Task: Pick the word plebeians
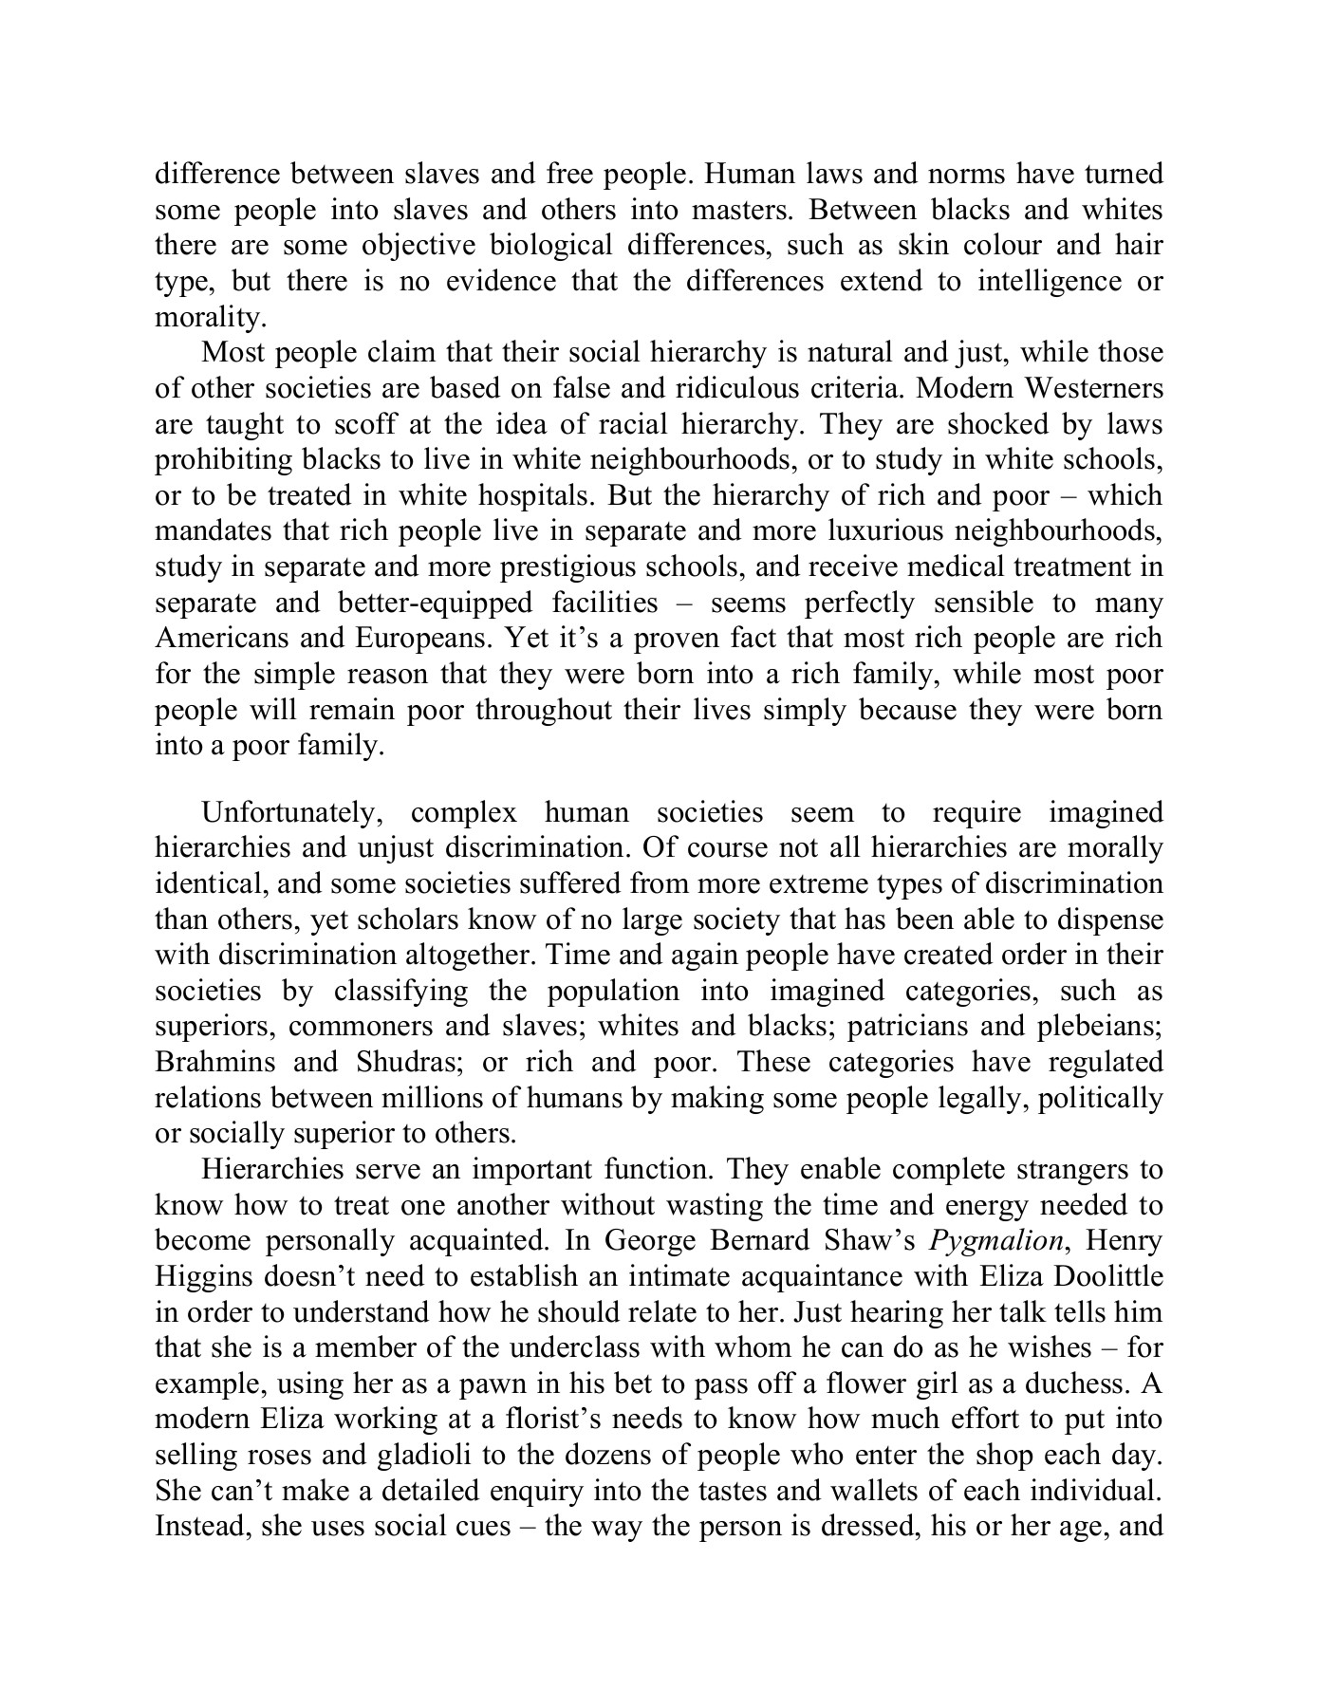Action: [x=1097, y=1027]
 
